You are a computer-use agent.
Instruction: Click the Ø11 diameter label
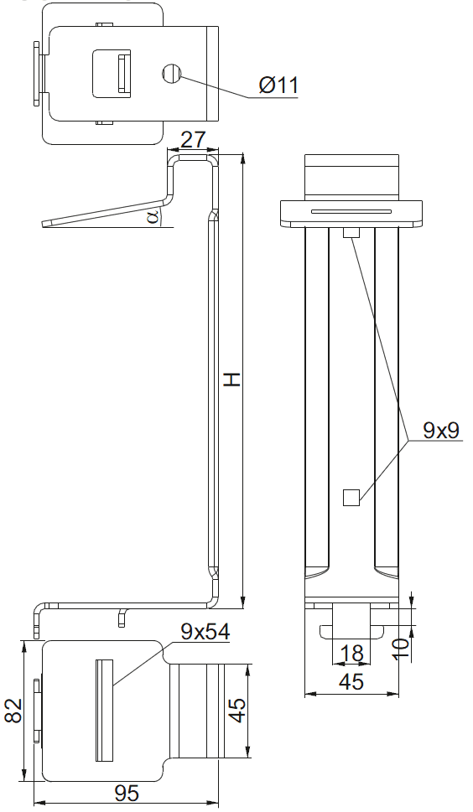[278, 85]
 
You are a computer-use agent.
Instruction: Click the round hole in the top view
[171, 74]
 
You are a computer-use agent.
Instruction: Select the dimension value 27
[193, 140]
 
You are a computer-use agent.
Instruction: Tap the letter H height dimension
[232, 380]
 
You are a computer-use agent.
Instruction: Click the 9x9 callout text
[441, 431]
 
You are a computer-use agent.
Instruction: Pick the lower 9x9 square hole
[351, 498]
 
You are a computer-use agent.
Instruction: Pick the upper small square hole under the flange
[351, 233]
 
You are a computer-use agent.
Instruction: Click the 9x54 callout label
[205, 632]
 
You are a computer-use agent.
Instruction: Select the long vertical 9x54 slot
[104, 711]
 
